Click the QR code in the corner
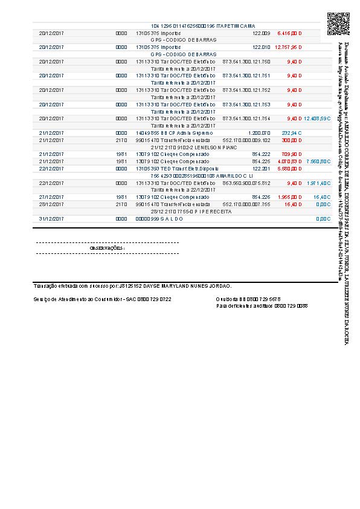338,24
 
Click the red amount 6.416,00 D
289,33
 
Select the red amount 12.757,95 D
288,47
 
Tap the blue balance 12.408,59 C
317,118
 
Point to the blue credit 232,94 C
292,133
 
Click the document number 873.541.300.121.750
246,61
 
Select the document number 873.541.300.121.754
246,118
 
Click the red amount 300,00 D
292,140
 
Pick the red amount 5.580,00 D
289,169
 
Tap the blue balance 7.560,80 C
318,161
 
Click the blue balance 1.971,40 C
318,183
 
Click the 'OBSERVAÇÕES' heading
107,248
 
